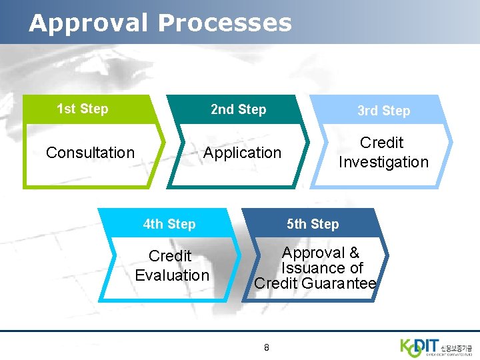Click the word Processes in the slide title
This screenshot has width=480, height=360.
(225, 23)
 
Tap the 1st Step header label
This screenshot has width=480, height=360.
(83, 109)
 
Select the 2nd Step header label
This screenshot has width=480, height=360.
(238, 109)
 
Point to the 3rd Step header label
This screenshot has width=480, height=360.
(383, 111)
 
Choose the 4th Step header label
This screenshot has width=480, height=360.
(169, 224)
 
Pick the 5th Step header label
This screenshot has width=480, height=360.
(313, 224)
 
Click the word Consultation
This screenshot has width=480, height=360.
(90, 153)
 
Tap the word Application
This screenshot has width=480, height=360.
(242, 153)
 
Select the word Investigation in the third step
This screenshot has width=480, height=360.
(383, 162)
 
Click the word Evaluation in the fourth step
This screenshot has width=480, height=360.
(172, 275)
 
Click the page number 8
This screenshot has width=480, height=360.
(267, 347)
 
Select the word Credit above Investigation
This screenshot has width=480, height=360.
(382, 143)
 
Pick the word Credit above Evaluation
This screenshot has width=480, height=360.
(170, 256)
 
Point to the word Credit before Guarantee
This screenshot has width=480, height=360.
(276, 283)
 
